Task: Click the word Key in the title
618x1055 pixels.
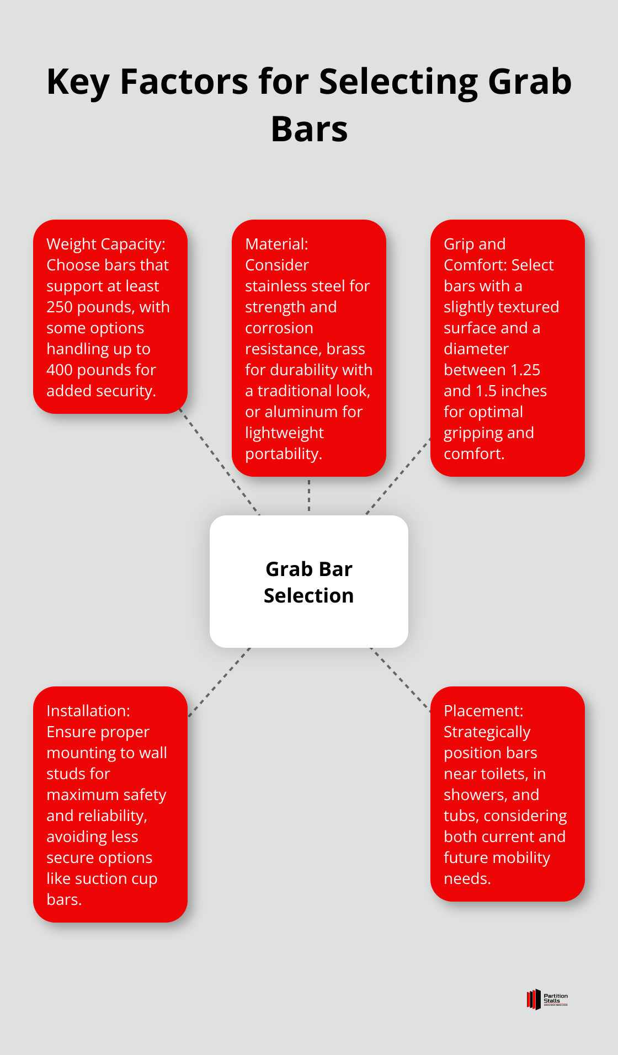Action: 78,82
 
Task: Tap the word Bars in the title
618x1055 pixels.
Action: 309,130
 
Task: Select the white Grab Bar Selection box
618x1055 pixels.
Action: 309,582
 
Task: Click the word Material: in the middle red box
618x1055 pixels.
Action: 276,244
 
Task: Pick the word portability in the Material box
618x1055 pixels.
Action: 282,454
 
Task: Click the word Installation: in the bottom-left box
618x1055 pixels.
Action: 88,711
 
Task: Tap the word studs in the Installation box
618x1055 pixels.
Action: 78,774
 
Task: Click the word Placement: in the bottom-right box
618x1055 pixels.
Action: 483,711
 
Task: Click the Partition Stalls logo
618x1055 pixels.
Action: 547,999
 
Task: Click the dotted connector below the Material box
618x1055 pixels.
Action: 309,495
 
